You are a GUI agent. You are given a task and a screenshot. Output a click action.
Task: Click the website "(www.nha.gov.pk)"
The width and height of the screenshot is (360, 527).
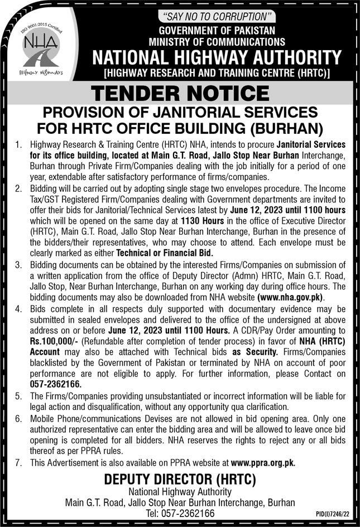point(291,298)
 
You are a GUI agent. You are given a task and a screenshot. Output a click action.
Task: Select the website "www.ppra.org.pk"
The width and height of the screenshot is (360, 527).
point(262,462)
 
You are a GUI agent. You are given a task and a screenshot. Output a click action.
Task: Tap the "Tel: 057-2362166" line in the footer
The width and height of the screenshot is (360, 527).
point(180,513)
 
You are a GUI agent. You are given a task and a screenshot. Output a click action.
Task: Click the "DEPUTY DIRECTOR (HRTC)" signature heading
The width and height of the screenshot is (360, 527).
point(180,479)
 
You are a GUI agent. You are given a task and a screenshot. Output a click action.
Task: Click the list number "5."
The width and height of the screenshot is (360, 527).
point(18,396)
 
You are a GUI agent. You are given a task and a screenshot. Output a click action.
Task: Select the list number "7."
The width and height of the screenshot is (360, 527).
point(18,462)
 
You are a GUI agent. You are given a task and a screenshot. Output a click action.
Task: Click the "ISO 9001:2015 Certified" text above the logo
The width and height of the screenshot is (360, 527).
point(41,26)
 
